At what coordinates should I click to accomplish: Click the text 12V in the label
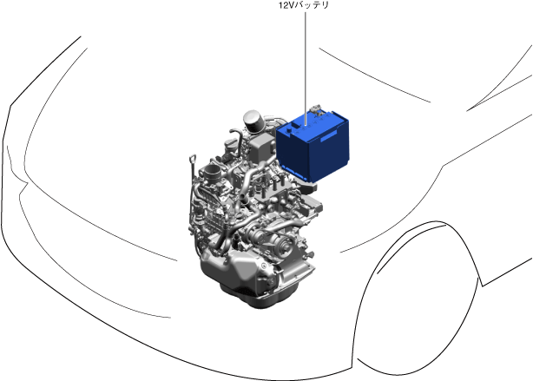[285, 5]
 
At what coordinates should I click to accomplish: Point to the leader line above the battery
[306, 69]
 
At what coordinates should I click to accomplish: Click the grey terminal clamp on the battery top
[316, 108]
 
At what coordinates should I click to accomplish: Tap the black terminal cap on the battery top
[289, 130]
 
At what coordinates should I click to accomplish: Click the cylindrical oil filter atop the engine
[254, 122]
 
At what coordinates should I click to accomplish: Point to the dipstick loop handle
[193, 157]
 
